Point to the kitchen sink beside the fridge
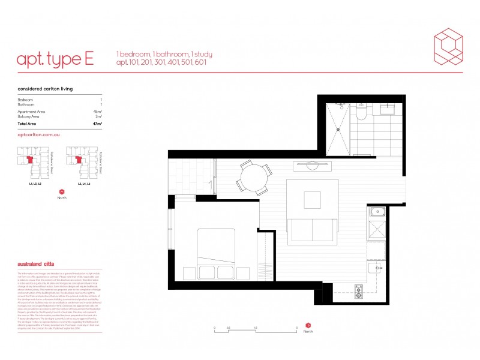378,211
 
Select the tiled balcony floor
191,177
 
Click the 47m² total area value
97,123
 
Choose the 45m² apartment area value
97,112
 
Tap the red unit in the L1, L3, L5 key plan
30,160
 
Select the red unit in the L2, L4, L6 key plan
77,160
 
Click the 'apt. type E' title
55,58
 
